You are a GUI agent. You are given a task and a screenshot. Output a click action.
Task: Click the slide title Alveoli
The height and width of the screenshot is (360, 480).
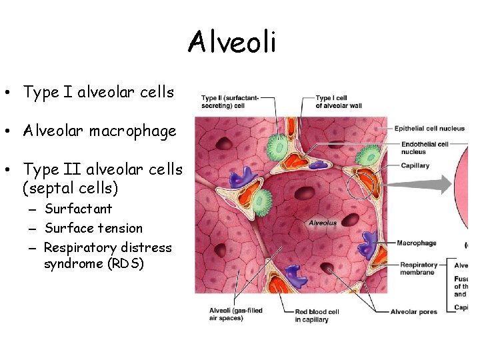point(231,43)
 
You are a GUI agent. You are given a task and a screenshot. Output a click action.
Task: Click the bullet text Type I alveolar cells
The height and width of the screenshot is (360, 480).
point(98,93)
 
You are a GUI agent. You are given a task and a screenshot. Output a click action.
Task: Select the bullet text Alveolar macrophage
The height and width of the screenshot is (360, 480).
point(99,131)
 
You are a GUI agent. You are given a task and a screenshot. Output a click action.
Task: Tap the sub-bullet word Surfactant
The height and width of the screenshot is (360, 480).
point(78,209)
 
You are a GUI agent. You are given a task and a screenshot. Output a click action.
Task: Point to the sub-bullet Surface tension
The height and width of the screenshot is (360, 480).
point(93,228)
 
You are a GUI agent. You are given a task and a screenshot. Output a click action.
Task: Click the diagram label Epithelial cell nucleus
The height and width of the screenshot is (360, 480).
point(429,129)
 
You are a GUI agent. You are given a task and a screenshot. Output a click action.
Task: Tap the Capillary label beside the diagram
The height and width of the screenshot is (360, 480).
point(412,166)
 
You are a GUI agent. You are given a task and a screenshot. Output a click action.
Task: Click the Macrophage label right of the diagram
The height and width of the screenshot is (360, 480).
point(416,243)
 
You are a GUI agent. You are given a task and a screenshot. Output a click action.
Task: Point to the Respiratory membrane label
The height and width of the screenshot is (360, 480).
point(418,269)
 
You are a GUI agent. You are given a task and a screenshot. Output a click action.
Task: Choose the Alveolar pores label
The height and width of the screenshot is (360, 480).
point(413,311)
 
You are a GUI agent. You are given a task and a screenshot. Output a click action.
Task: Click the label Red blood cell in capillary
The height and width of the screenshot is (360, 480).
point(317,315)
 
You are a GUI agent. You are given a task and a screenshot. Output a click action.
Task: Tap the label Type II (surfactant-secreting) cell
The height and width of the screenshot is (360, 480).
point(230,102)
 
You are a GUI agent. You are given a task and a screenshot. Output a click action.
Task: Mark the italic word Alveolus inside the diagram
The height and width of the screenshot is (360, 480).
point(322,223)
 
